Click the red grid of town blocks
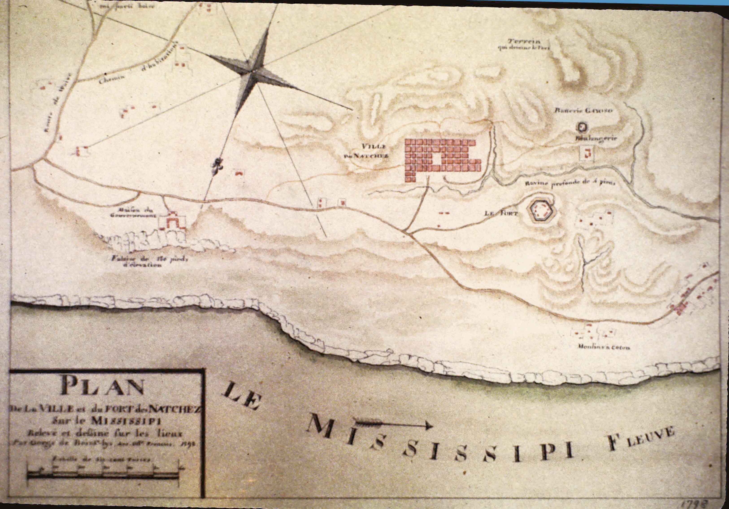click(x=441, y=159)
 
